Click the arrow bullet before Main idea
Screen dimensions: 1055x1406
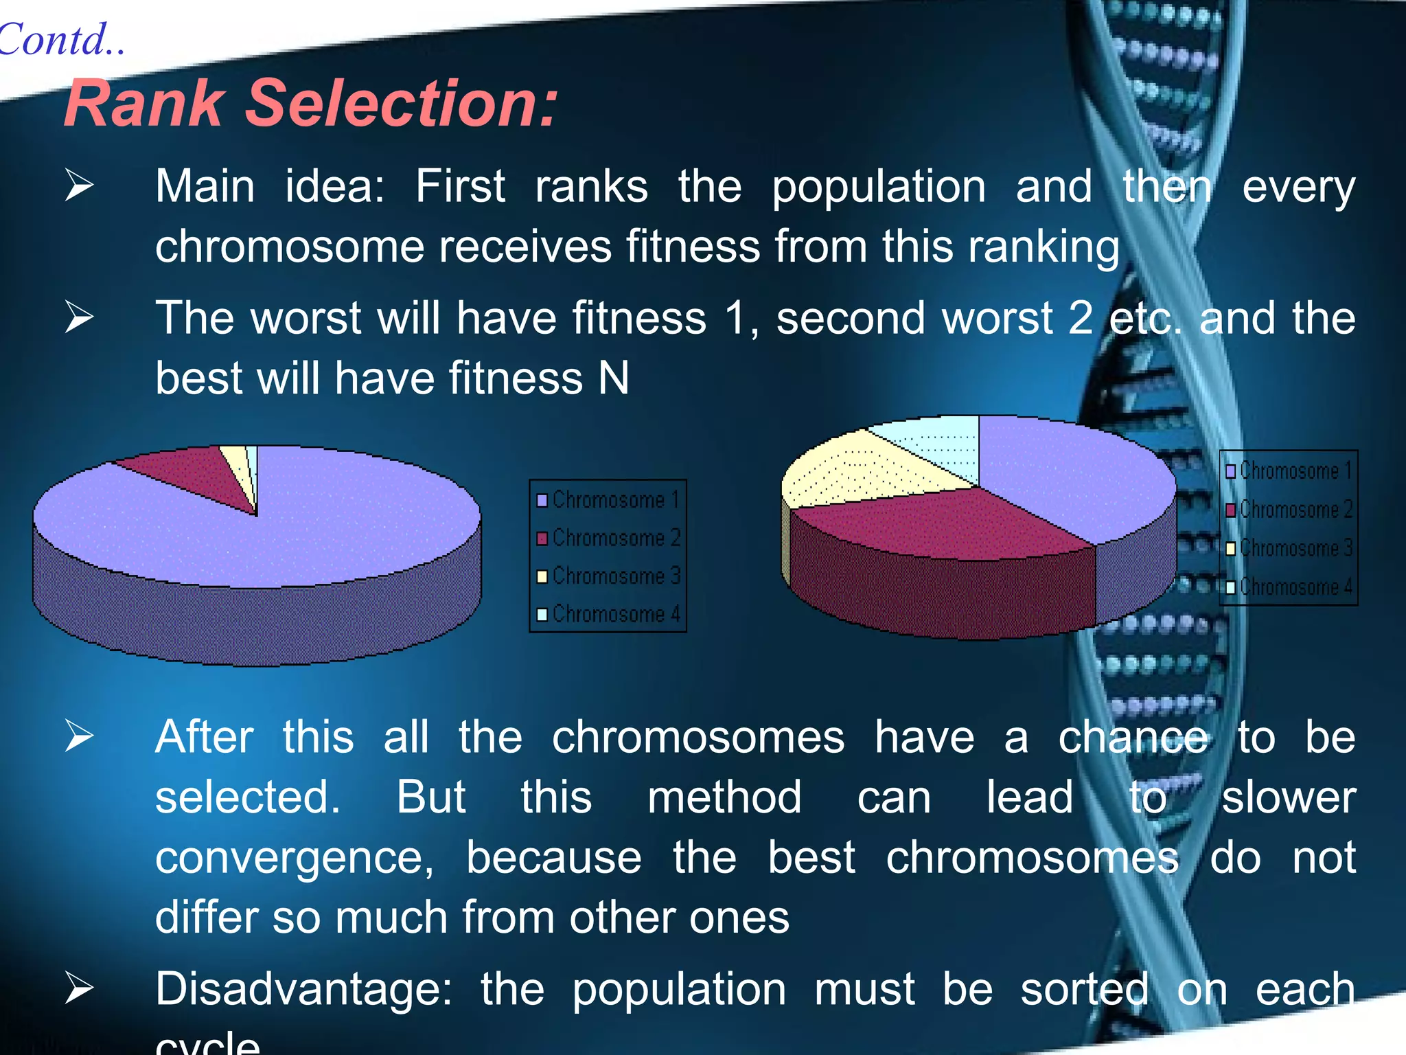(79, 186)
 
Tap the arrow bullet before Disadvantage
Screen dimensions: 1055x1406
(79, 989)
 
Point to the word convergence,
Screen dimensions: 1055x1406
(295, 859)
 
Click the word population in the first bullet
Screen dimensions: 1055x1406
(879, 188)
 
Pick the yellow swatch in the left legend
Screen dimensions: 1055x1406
(542, 576)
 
